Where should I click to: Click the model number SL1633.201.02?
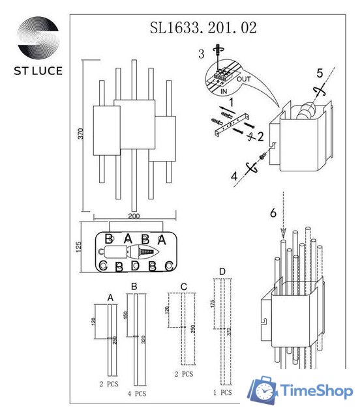coord(203,27)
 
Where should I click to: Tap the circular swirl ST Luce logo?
coord(37,40)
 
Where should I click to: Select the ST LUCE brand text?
coord(37,71)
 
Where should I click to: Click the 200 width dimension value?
coord(134,216)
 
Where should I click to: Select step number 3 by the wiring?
coord(202,51)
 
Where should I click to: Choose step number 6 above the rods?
coord(273,212)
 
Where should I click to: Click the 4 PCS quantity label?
coord(136,394)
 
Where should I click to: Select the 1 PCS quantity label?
coord(222,392)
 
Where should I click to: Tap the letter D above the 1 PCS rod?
coord(222,270)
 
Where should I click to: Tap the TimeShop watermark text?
coord(317,391)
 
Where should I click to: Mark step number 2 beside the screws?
coord(260,136)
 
